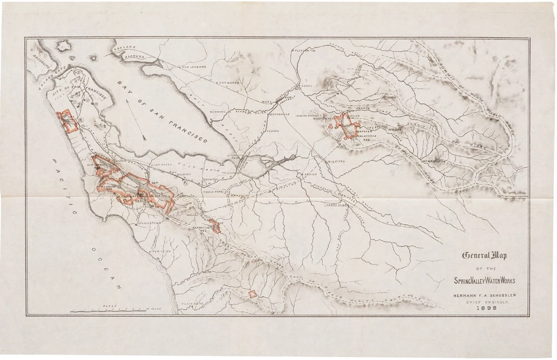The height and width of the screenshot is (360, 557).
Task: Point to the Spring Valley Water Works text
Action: point(485,280)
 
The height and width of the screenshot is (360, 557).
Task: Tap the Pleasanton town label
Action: point(304,51)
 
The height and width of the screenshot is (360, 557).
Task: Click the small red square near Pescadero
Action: point(253,294)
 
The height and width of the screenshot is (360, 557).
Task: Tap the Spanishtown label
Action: point(148,222)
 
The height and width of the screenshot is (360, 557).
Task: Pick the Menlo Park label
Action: point(213,191)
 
